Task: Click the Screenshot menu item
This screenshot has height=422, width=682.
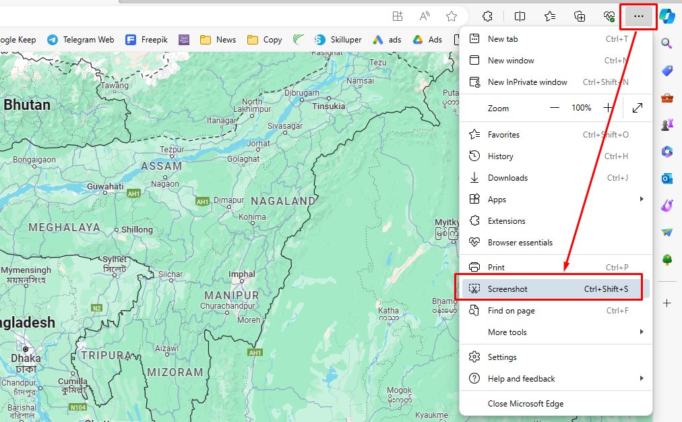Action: [507, 289]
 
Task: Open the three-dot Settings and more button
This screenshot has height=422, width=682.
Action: [638, 16]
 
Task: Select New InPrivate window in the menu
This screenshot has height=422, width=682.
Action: [527, 82]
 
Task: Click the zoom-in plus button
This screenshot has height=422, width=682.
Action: [609, 108]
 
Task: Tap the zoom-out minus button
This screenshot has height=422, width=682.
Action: [555, 108]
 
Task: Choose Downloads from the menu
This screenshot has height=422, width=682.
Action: [507, 178]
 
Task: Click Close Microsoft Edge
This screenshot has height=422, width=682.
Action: [526, 404]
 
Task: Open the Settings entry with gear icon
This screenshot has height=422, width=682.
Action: [502, 357]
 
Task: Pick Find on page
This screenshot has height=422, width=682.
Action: [511, 311]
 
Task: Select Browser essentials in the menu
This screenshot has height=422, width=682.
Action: [520, 243]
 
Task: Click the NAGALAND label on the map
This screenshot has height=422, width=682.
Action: [283, 201]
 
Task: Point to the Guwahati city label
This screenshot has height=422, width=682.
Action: [105, 187]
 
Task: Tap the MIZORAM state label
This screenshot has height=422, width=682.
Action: [176, 372]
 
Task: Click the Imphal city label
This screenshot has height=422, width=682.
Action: [242, 274]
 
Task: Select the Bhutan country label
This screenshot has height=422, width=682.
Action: [27, 105]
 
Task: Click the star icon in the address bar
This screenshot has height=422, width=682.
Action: [452, 16]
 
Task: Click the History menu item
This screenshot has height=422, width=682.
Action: [500, 156]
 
